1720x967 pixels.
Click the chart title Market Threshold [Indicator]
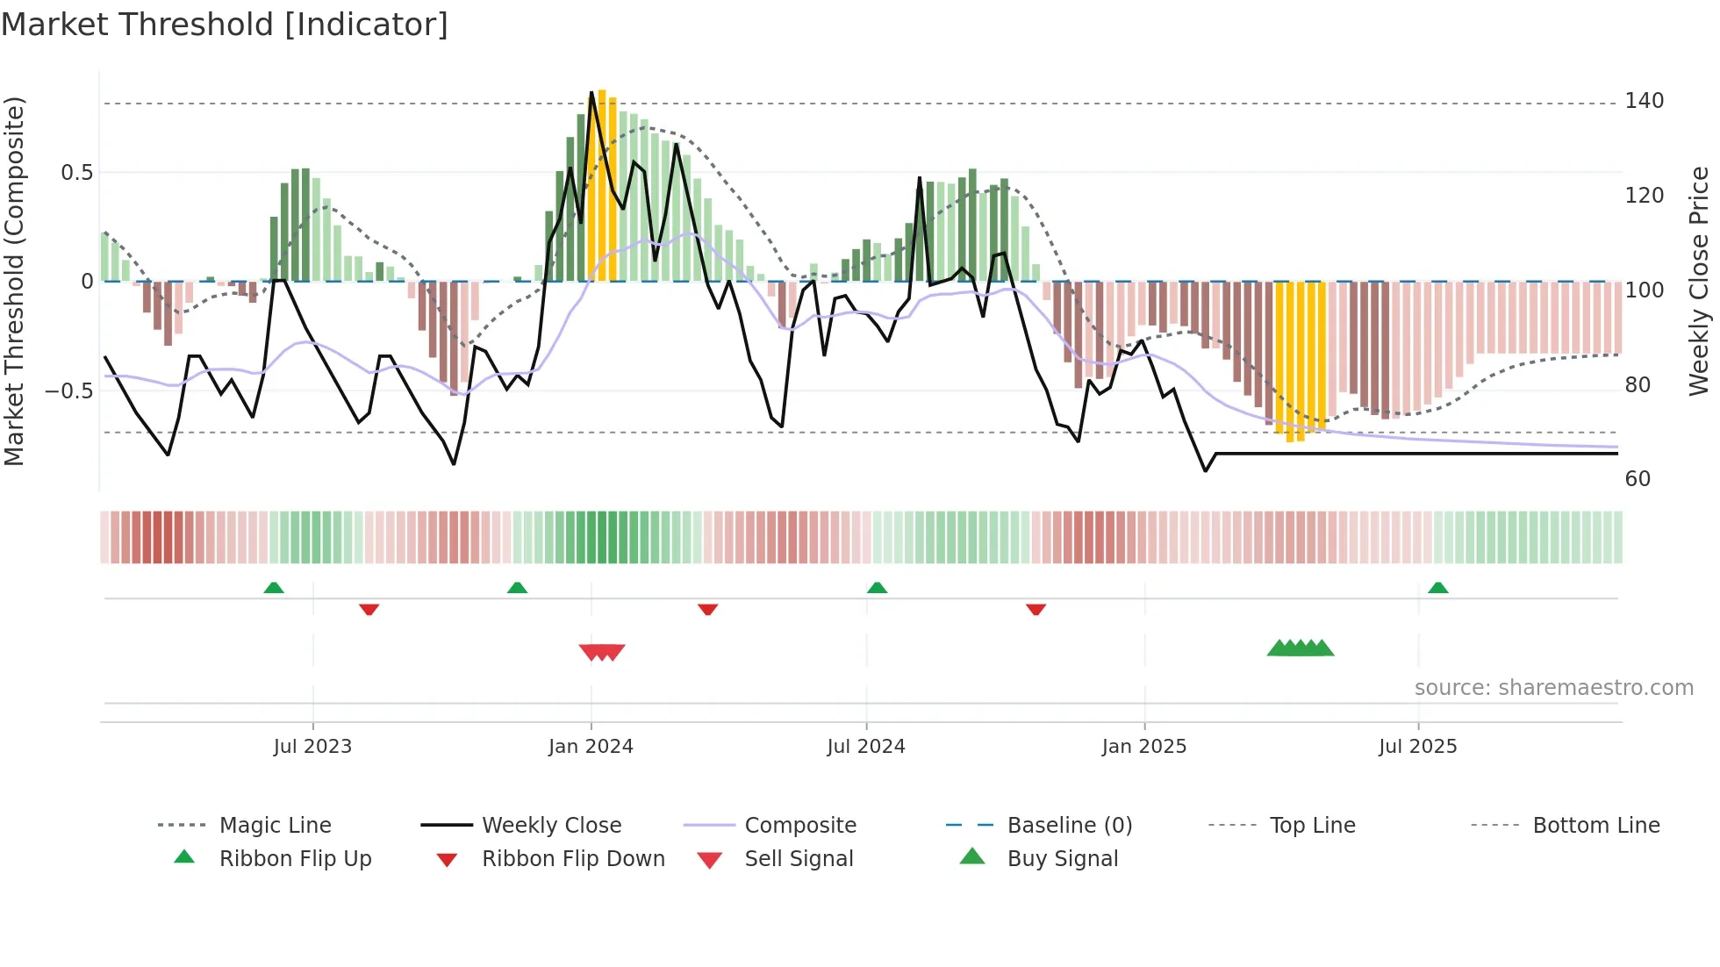click(x=225, y=25)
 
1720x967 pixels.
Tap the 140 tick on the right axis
click(x=1644, y=101)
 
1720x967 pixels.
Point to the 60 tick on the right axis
click(x=1638, y=479)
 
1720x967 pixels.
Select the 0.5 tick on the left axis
click(x=77, y=173)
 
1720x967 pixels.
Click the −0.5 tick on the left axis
click(x=69, y=390)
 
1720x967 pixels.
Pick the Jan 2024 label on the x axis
click(x=591, y=747)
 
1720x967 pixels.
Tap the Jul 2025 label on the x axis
click(x=1417, y=747)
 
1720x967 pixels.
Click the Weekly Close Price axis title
click(x=1699, y=281)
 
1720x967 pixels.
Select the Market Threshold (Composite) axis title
click(x=14, y=281)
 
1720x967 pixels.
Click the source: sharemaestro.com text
click(x=1553, y=688)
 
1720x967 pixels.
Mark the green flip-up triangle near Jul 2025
click(x=1437, y=588)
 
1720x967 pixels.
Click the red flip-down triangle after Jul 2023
click(x=369, y=609)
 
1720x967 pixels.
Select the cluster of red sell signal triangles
click(x=602, y=652)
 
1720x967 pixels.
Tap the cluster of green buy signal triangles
click(x=1300, y=648)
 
